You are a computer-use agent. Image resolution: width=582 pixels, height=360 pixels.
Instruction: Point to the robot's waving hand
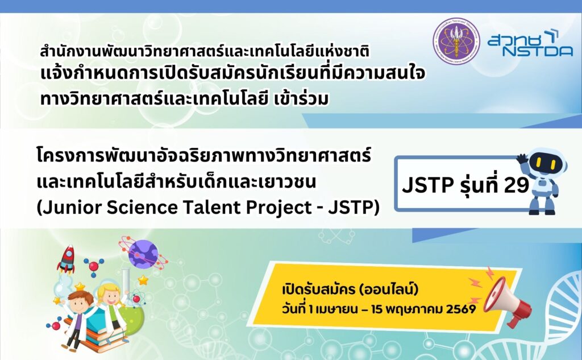(x=523, y=159)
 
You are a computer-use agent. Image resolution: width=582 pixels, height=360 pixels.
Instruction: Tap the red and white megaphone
(x=507, y=300)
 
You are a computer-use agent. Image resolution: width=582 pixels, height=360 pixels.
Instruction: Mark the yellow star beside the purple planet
(x=143, y=280)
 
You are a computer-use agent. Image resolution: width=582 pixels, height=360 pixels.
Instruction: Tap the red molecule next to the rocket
(x=93, y=266)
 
